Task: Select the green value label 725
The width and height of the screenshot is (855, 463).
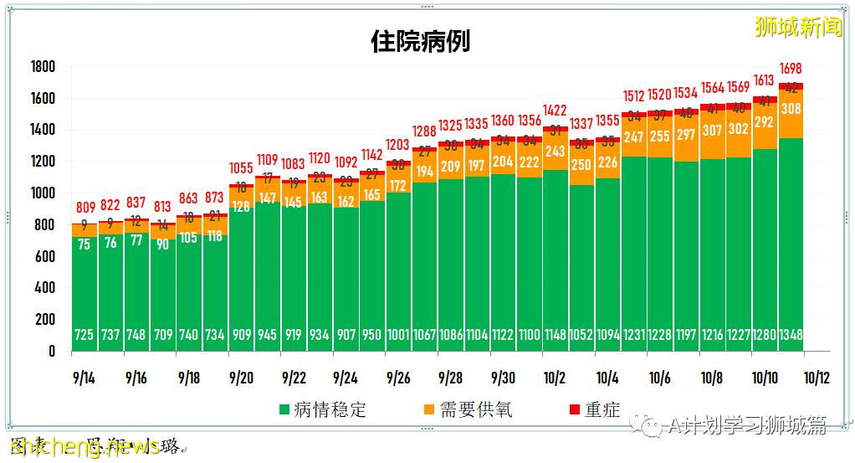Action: [84, 335]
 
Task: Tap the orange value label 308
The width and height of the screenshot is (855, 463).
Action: [791, 108]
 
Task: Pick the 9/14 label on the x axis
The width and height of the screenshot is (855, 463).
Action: [84, 378]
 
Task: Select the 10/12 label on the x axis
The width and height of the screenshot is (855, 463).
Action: [817, 378]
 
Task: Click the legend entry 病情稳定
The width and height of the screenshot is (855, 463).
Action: [326, 409]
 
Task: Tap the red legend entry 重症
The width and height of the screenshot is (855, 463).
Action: [594, 409]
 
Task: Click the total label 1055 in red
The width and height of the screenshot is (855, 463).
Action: [241, 168]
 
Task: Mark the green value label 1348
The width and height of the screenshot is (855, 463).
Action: [791, 335]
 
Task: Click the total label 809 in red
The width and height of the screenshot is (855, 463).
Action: [84, 207]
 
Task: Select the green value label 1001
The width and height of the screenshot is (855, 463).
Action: [398, 335]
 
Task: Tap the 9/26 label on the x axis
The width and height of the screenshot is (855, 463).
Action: [398, 378]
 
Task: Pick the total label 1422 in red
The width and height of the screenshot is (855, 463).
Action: [555, 110]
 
